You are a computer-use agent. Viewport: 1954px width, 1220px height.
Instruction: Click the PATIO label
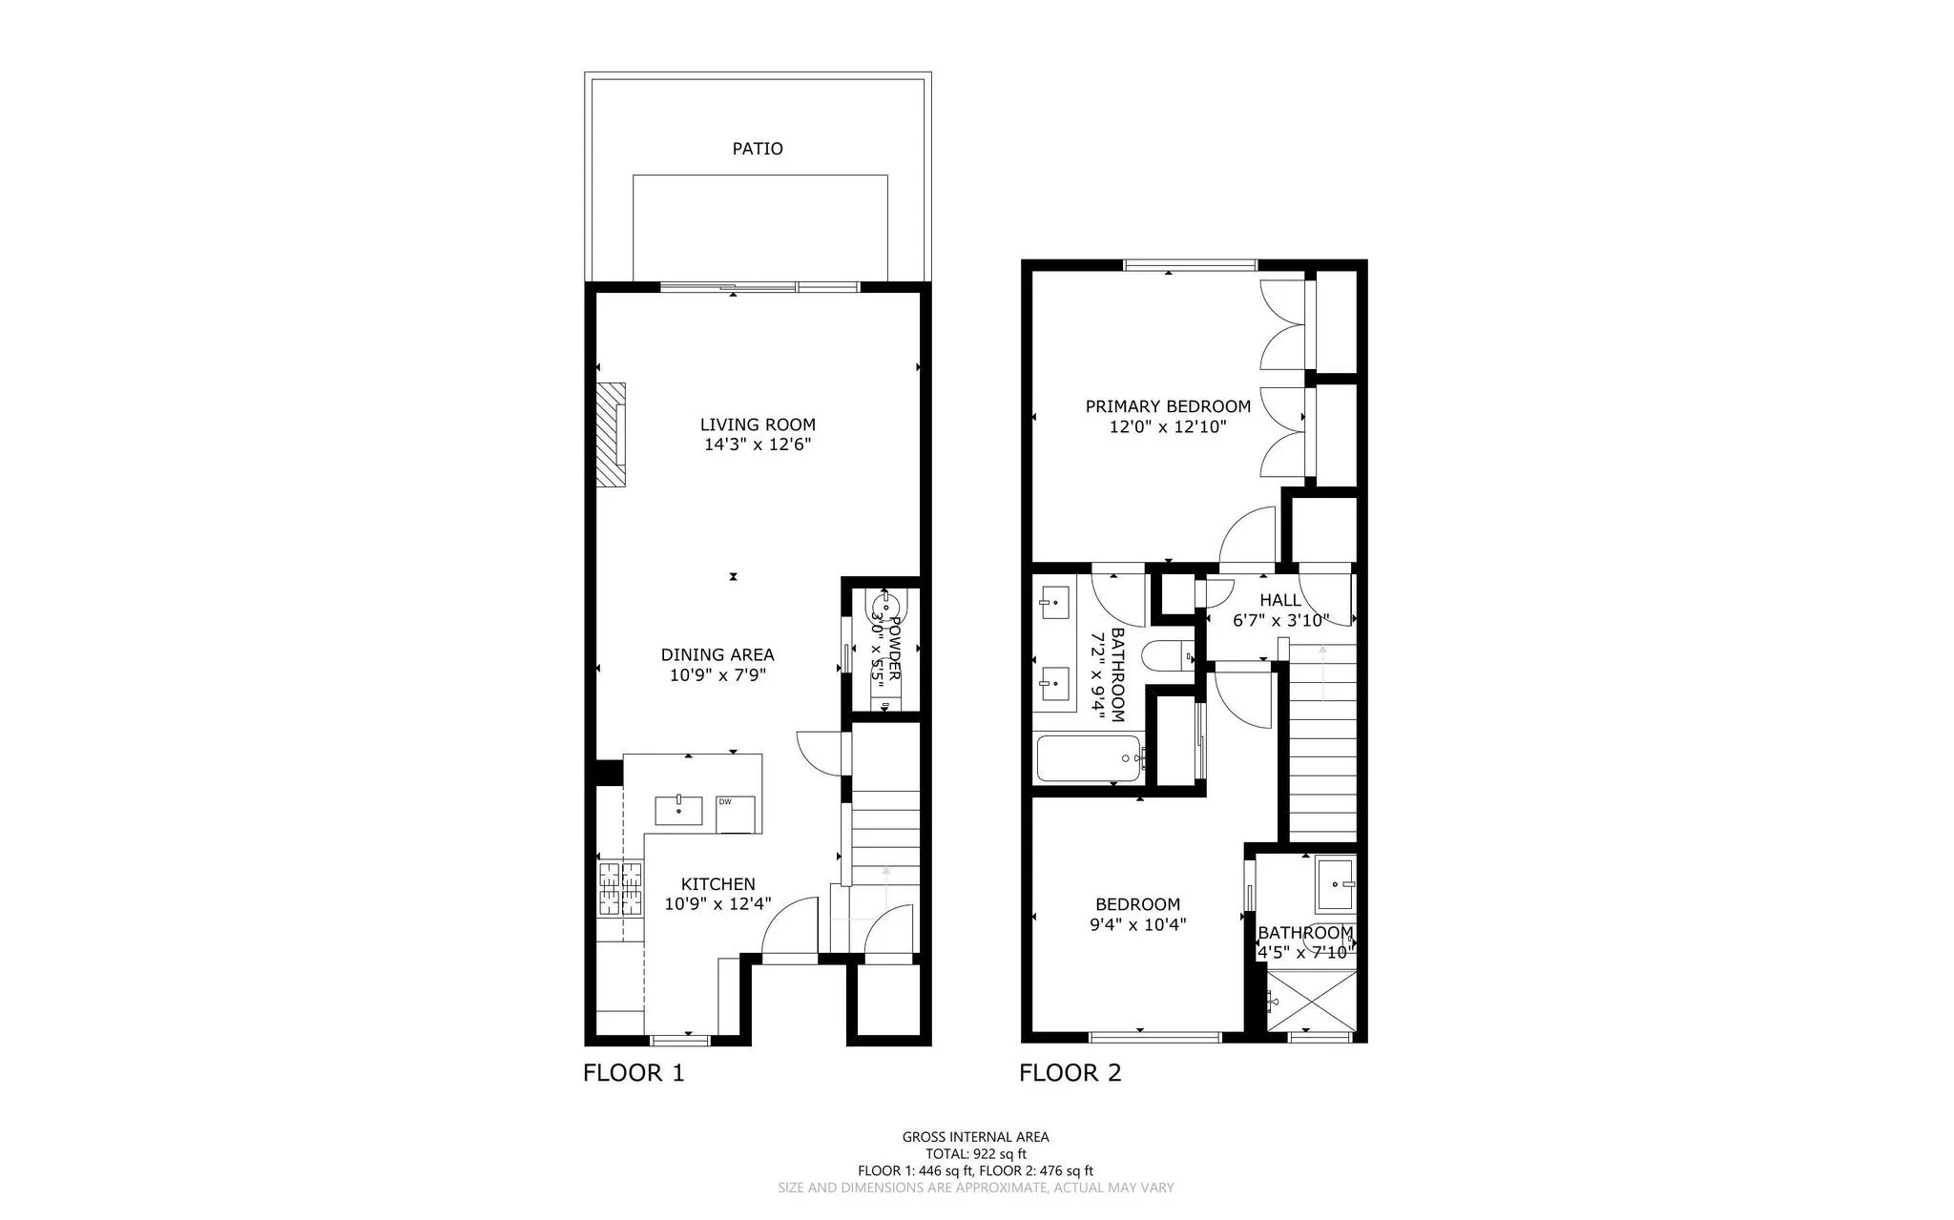coord(758,149)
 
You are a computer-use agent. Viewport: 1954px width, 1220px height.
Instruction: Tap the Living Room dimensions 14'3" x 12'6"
coord(758,445)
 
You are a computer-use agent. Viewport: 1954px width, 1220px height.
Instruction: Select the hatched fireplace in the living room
coord(612,436)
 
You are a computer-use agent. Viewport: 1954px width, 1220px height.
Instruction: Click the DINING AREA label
coord(717,655)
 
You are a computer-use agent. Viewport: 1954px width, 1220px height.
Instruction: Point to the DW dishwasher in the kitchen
coord(736,814)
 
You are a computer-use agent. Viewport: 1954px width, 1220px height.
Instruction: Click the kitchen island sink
coord(678,811)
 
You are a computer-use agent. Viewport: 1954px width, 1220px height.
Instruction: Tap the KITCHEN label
coord(717,885)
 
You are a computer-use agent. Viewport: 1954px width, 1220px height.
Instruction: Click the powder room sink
coord(883,606)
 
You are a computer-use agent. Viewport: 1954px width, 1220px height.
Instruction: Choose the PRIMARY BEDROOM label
coord(1167,406)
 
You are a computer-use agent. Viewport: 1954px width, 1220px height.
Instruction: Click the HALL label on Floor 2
coord(1279,601)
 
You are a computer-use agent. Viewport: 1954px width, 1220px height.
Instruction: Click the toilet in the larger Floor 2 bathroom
coord(1168,656)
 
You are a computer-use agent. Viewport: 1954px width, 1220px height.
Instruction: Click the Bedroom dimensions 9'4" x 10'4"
coord(1137,924)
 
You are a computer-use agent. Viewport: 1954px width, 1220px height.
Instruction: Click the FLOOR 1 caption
coord(634,1073)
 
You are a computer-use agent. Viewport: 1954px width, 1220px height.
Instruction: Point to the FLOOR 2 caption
coord(1070,1073)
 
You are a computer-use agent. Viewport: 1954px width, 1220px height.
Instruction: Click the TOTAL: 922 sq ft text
coord(975,1153)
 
